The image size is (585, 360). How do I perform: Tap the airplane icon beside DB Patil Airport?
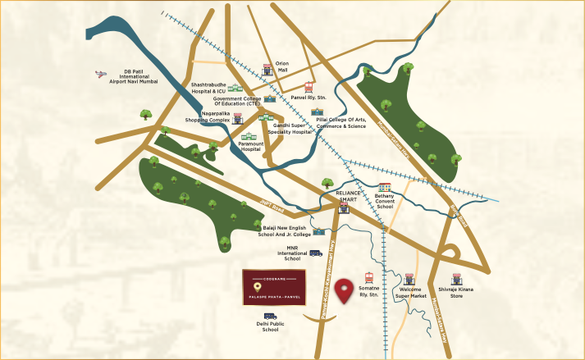[x=101, y=74]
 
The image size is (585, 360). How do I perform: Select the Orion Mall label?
[x=282, y=67]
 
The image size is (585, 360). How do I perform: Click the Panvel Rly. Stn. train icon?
[x=308, y=87]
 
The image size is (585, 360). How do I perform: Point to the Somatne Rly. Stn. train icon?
[x=368, y=277]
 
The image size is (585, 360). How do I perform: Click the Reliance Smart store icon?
[x=344, y=208]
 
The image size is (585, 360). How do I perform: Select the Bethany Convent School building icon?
[x=385, y=188]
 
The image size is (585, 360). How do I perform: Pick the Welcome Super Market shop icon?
[x=409, y=279]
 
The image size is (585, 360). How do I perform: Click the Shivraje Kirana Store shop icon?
[x=457, y=279]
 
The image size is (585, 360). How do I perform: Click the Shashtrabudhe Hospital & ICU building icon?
[x=235, y=88]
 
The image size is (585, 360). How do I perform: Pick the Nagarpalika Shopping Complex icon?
[x=238, y=119]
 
